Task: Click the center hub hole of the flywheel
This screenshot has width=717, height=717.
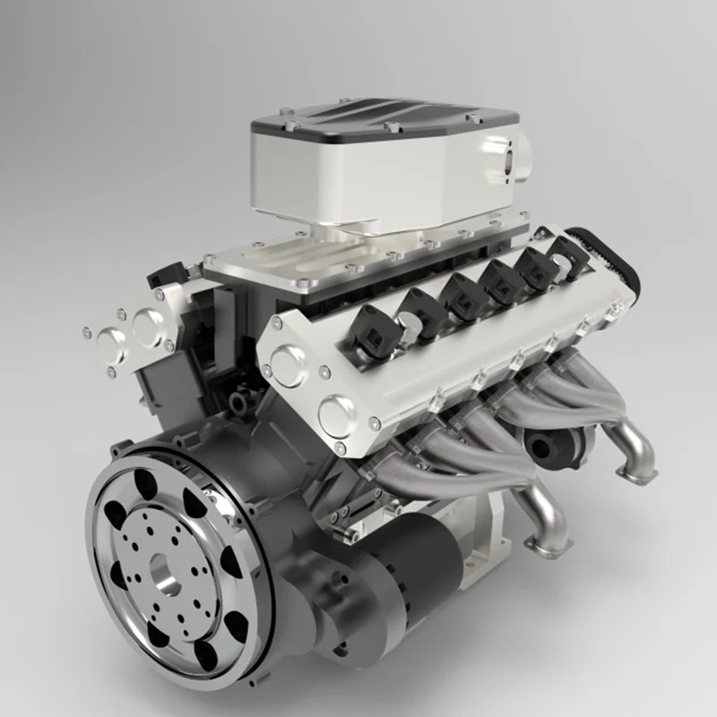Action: (164, 573)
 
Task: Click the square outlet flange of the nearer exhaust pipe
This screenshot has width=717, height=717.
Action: (548, 542)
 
